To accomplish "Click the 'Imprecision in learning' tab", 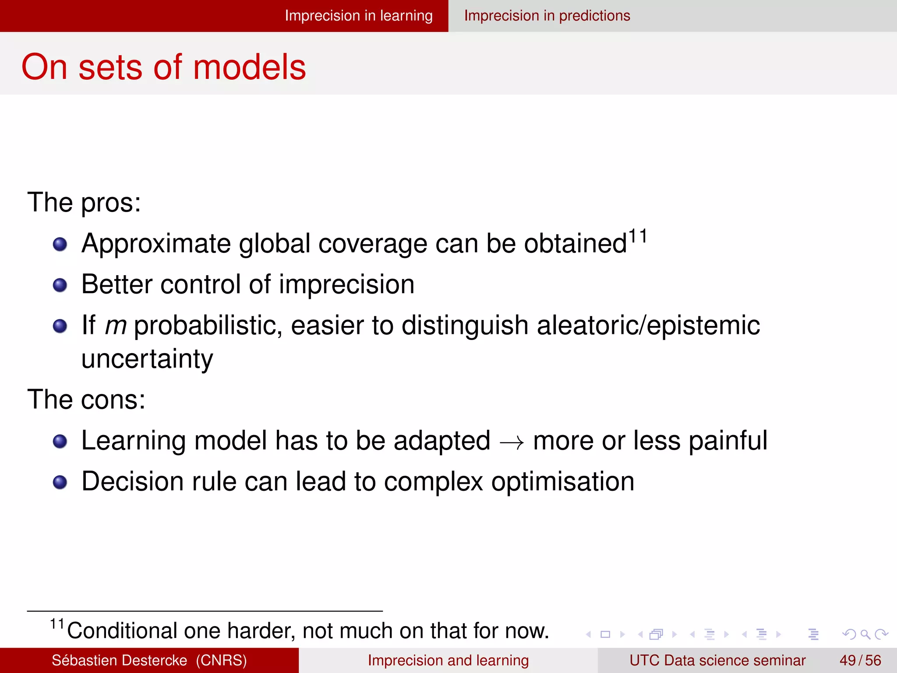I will tap(358, 16).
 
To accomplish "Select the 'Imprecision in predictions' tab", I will tap(547, 16).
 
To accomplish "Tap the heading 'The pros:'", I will tap(84, 202).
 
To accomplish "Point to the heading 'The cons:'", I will tap(86, 400).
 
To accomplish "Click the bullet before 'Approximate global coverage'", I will tap(60, 244).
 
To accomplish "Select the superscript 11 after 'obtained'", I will tap(638, 237).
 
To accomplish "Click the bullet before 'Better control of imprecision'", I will tap(60, 285).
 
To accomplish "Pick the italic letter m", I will tap(116, 326).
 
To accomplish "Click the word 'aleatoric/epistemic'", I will tap(648, 326).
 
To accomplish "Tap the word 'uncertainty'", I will tap(147, 359).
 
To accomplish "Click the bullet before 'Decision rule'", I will tap(60, 482).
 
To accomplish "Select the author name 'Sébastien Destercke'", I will tap(119, 660).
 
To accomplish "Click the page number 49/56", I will tap(860, 660).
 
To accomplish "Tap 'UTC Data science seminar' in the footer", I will tap(717, 660).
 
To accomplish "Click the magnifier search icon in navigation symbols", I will tap(865, 634).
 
